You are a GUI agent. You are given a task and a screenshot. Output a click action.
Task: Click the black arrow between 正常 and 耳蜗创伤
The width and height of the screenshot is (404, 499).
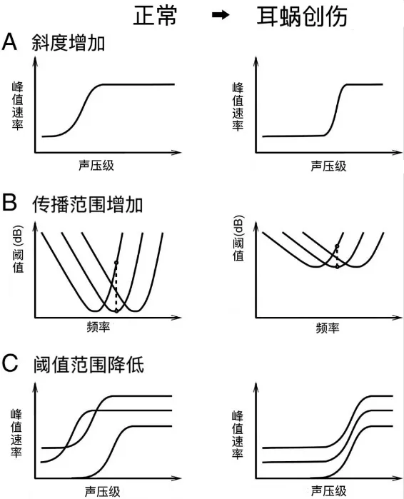(221, 15)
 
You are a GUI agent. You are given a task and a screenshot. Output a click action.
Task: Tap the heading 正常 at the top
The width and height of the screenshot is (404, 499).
(155, 16)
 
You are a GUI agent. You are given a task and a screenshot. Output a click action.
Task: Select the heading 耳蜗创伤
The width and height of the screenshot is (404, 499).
(302, 16)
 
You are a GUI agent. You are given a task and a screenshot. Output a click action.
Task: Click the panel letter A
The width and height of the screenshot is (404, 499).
(9, 41)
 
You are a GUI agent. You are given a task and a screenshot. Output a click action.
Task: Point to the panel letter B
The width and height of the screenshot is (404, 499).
(9, 203)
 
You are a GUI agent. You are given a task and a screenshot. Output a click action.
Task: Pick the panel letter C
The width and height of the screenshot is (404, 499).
(10, 363)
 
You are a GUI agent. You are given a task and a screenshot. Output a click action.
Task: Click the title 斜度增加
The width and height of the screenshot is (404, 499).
(68, 43)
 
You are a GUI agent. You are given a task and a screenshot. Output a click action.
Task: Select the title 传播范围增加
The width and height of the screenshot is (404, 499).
(87, 204)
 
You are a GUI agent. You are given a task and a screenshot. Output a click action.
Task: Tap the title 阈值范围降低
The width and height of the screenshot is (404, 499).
(89, 365)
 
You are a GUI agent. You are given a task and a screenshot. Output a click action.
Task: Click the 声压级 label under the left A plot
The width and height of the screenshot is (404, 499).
(96, 166)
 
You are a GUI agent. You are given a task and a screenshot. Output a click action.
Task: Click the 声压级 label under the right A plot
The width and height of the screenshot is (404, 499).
(328, 166)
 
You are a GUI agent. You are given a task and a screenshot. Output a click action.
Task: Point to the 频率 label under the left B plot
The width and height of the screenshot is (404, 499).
(99, 327)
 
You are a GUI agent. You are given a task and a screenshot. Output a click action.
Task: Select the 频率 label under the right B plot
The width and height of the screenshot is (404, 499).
(328, 328)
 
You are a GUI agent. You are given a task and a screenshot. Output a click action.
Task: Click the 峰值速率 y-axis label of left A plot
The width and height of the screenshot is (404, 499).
(18, 106)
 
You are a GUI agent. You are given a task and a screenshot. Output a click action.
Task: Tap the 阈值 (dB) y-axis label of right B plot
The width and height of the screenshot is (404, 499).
(238, 238)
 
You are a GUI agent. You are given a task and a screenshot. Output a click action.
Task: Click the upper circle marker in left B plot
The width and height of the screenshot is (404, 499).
(116, 263)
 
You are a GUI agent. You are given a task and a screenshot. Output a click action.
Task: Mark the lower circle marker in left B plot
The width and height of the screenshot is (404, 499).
(116, 311)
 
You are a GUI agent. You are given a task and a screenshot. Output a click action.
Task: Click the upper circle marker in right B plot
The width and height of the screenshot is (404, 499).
(337, 246)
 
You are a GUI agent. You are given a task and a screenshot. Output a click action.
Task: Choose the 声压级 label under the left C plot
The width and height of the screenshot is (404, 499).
(103, 492)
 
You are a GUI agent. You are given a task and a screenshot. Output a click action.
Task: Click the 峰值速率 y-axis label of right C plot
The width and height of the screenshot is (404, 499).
(238, 435)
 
